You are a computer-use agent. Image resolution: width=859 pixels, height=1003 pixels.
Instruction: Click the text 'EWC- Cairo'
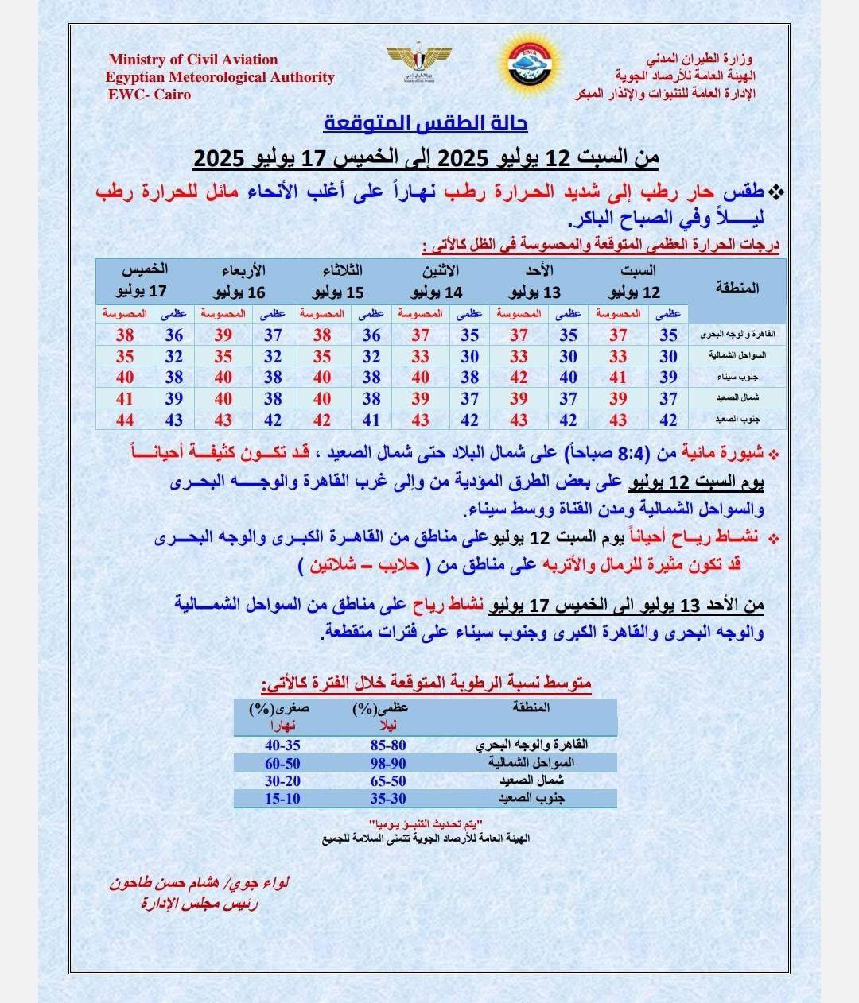[150, 94]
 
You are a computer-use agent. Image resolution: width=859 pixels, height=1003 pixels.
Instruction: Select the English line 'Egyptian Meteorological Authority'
[220, 77]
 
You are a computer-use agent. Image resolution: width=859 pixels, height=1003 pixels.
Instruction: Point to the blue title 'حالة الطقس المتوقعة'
[426, 124]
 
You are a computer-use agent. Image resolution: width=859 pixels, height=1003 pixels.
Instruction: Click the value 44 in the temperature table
[125, 420]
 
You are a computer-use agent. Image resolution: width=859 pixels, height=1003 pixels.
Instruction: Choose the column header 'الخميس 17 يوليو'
[141, 281]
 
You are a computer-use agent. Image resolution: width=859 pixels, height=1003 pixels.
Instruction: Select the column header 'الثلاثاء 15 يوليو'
[343, 281]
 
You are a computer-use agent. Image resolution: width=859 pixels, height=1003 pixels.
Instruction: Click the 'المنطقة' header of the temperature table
[737, 288]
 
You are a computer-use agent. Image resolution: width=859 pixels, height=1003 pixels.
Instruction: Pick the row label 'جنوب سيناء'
[737, 378]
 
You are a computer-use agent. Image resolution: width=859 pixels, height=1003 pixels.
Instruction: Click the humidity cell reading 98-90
[387, 763]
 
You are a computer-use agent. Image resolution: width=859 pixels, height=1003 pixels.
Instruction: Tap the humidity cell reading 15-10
[282, 798]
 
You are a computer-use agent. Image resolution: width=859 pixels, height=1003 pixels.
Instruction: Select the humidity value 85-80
[387, 745]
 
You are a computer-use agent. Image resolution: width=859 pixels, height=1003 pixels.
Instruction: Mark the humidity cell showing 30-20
[282, 780]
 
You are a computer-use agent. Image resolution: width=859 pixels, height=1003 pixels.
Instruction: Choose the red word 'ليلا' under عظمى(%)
[388, 725]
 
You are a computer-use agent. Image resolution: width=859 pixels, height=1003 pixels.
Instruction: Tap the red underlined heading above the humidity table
[426, 683]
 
